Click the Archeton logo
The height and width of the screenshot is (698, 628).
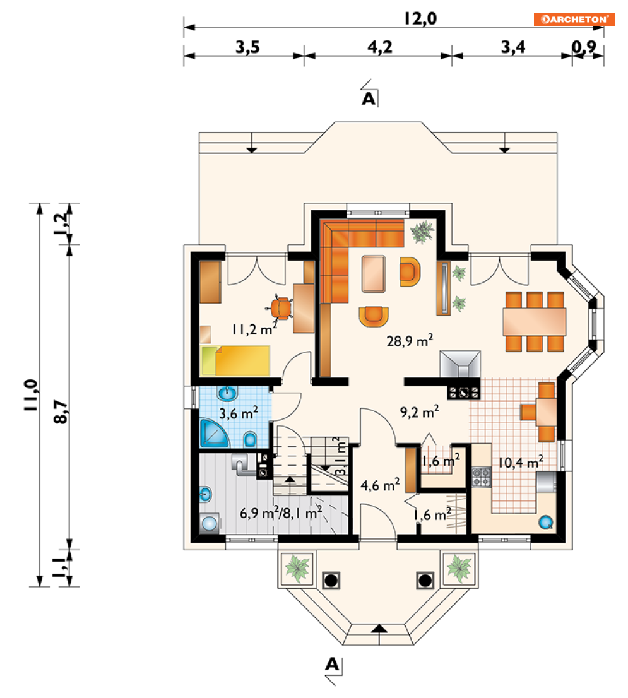(574, 19)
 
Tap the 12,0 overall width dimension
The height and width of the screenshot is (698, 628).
(420, 19)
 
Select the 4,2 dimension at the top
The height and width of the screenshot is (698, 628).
(380, 47)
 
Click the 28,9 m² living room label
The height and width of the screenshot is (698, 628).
(410, 341)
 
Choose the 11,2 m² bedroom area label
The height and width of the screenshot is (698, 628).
(254, 329)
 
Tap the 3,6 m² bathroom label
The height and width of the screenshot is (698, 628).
(238, 413)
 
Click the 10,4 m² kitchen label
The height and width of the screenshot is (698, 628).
(520, 462)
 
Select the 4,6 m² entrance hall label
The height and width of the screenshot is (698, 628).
(380, 484)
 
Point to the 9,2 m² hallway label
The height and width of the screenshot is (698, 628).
(419, 411)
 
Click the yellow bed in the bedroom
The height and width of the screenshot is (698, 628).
(235, 360)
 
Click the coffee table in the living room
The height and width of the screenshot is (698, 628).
(374, 274)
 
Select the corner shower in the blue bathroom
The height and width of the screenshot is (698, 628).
(214, 433)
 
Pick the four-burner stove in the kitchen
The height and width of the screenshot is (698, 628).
(481, 476)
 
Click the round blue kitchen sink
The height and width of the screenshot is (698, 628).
(546, 522)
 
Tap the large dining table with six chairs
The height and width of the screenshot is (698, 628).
(535, 321)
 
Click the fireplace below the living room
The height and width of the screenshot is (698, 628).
(460, 365)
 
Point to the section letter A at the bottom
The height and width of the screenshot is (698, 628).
(332, 664)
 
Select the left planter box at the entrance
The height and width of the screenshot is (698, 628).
(297, 569)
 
